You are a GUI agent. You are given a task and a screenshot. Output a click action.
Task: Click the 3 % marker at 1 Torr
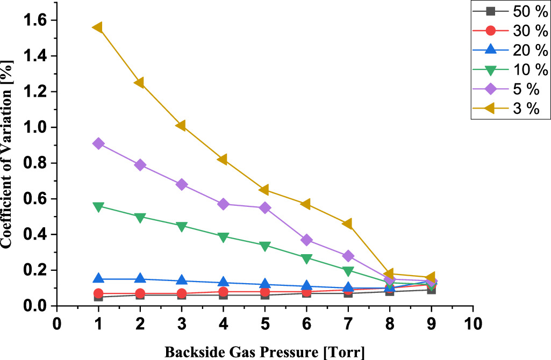98,27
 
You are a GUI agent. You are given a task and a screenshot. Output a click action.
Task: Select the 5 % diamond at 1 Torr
98,143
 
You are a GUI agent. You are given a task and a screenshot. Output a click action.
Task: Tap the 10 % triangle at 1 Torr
98,206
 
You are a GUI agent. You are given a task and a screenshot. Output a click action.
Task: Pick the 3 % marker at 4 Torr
223,160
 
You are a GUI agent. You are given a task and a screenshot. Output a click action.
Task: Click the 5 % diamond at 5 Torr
265,208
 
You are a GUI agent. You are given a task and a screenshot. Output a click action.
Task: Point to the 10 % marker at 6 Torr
306,258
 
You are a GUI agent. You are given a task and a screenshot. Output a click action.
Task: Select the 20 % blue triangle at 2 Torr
140,278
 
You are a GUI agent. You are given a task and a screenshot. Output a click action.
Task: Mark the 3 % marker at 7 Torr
348,224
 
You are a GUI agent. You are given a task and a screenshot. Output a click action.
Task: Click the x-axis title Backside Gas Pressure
264,352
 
